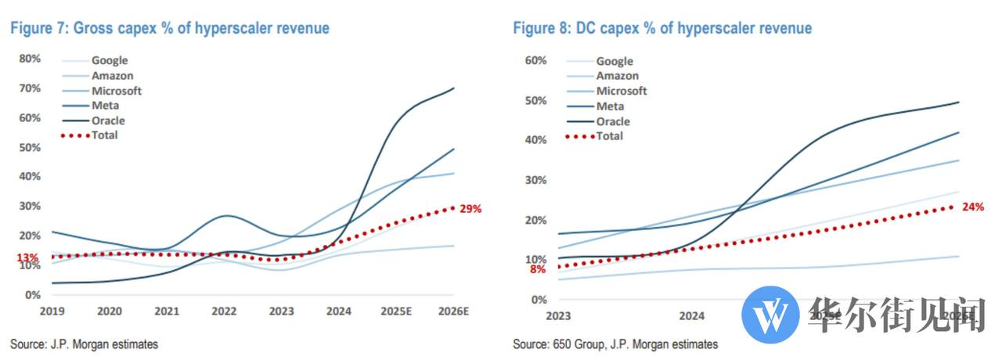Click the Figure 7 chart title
click(x=169, y=28)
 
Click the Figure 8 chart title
click(x=662, y=28)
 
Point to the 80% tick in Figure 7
click(x=31, y=58)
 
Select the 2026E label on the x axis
click(x=453, y=311)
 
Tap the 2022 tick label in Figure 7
click(x=224, y=311)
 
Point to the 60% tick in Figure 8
click(x=535, y=60)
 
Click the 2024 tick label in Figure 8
click(x=691, y=316)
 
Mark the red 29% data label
click(x=470, y=209)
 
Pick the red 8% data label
click(x=538, y=269)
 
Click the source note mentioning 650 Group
click(x=615, y=344)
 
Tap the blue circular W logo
click(x=770, y=314)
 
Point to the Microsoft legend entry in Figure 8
click(x=622, y=91)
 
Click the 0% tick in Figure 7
click(x=34, y=295)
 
